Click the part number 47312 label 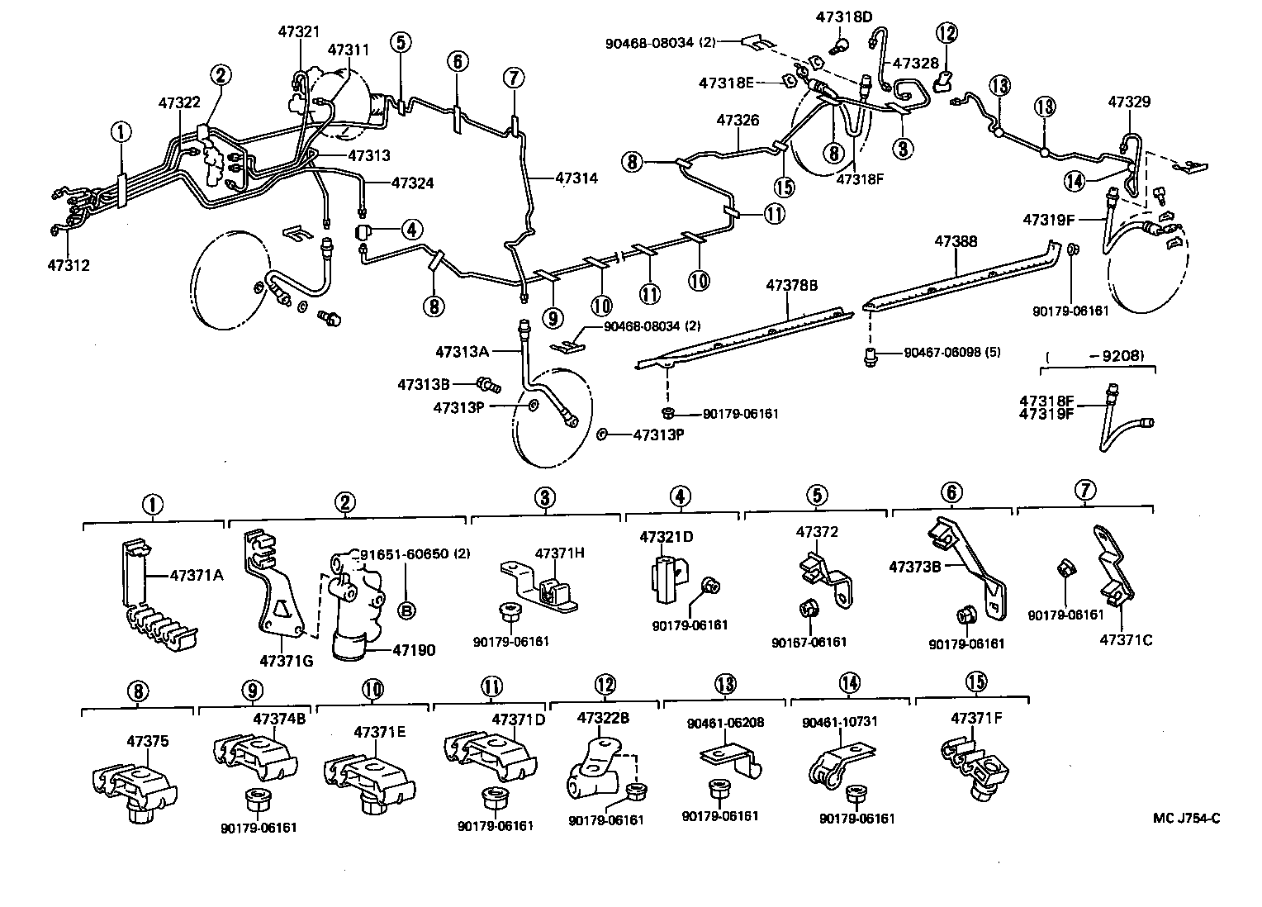69,265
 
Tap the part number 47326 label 738,120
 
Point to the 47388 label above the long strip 956,241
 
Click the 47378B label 791,285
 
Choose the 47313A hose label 463,352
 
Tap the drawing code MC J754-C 1187,819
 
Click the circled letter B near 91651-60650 406,610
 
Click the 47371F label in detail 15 976,718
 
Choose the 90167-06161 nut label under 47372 809,642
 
